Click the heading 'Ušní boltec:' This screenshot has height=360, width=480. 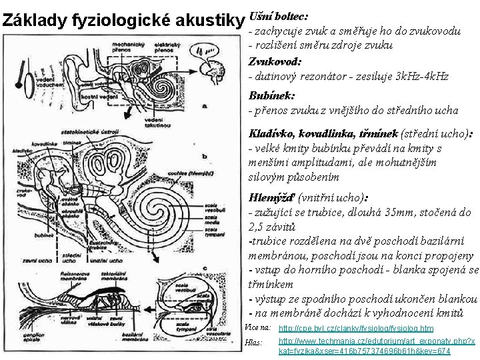click(x=279, y=15)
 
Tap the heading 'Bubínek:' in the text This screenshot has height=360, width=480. click(x=271, y=95)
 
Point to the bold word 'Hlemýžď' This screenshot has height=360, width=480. click(x=271, y=197)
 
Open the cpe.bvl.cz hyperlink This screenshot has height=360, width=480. click(x=355, y=329)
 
